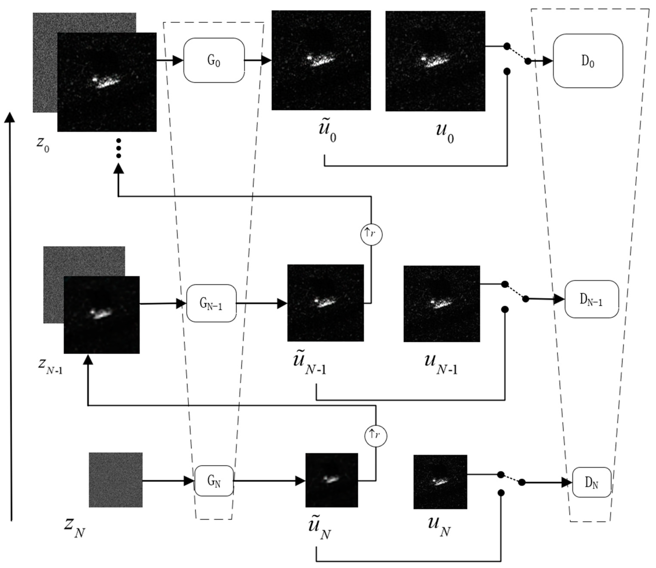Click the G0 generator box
point(214,60)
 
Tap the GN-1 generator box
point(211,303)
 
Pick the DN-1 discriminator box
point(591,299)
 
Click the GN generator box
point(214,481)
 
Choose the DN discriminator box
point(592,482)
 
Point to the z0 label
point(43,144)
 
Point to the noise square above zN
point(116,479)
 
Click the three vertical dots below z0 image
point(119,148)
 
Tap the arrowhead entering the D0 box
point(547,61)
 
